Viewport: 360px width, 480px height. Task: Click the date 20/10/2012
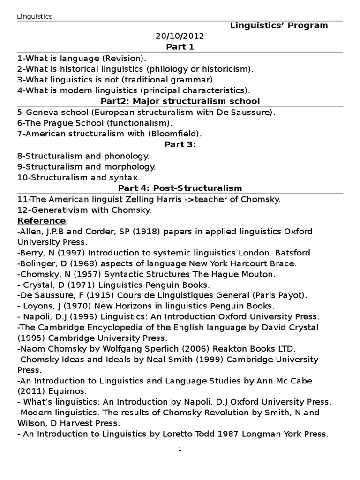(x=180, y=36)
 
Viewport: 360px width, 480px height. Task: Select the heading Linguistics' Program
(x=278, y=25)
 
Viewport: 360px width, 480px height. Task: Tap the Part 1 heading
(x=180, y=47)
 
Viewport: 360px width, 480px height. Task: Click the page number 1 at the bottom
(x=180, y=449)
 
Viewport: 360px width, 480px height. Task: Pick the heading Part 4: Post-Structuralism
(x=180, y=188)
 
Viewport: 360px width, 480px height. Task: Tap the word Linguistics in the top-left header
(x=35, y=16)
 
